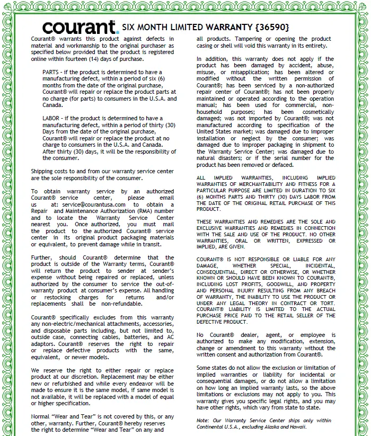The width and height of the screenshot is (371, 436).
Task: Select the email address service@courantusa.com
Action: coord(93,204)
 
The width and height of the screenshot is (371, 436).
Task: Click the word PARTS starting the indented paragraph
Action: coord(50,72)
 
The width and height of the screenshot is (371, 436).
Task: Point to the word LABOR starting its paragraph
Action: coord(51,118)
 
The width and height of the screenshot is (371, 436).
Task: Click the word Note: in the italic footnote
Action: coord(203,420)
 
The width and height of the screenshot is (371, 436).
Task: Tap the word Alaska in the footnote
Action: coord(284,427)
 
